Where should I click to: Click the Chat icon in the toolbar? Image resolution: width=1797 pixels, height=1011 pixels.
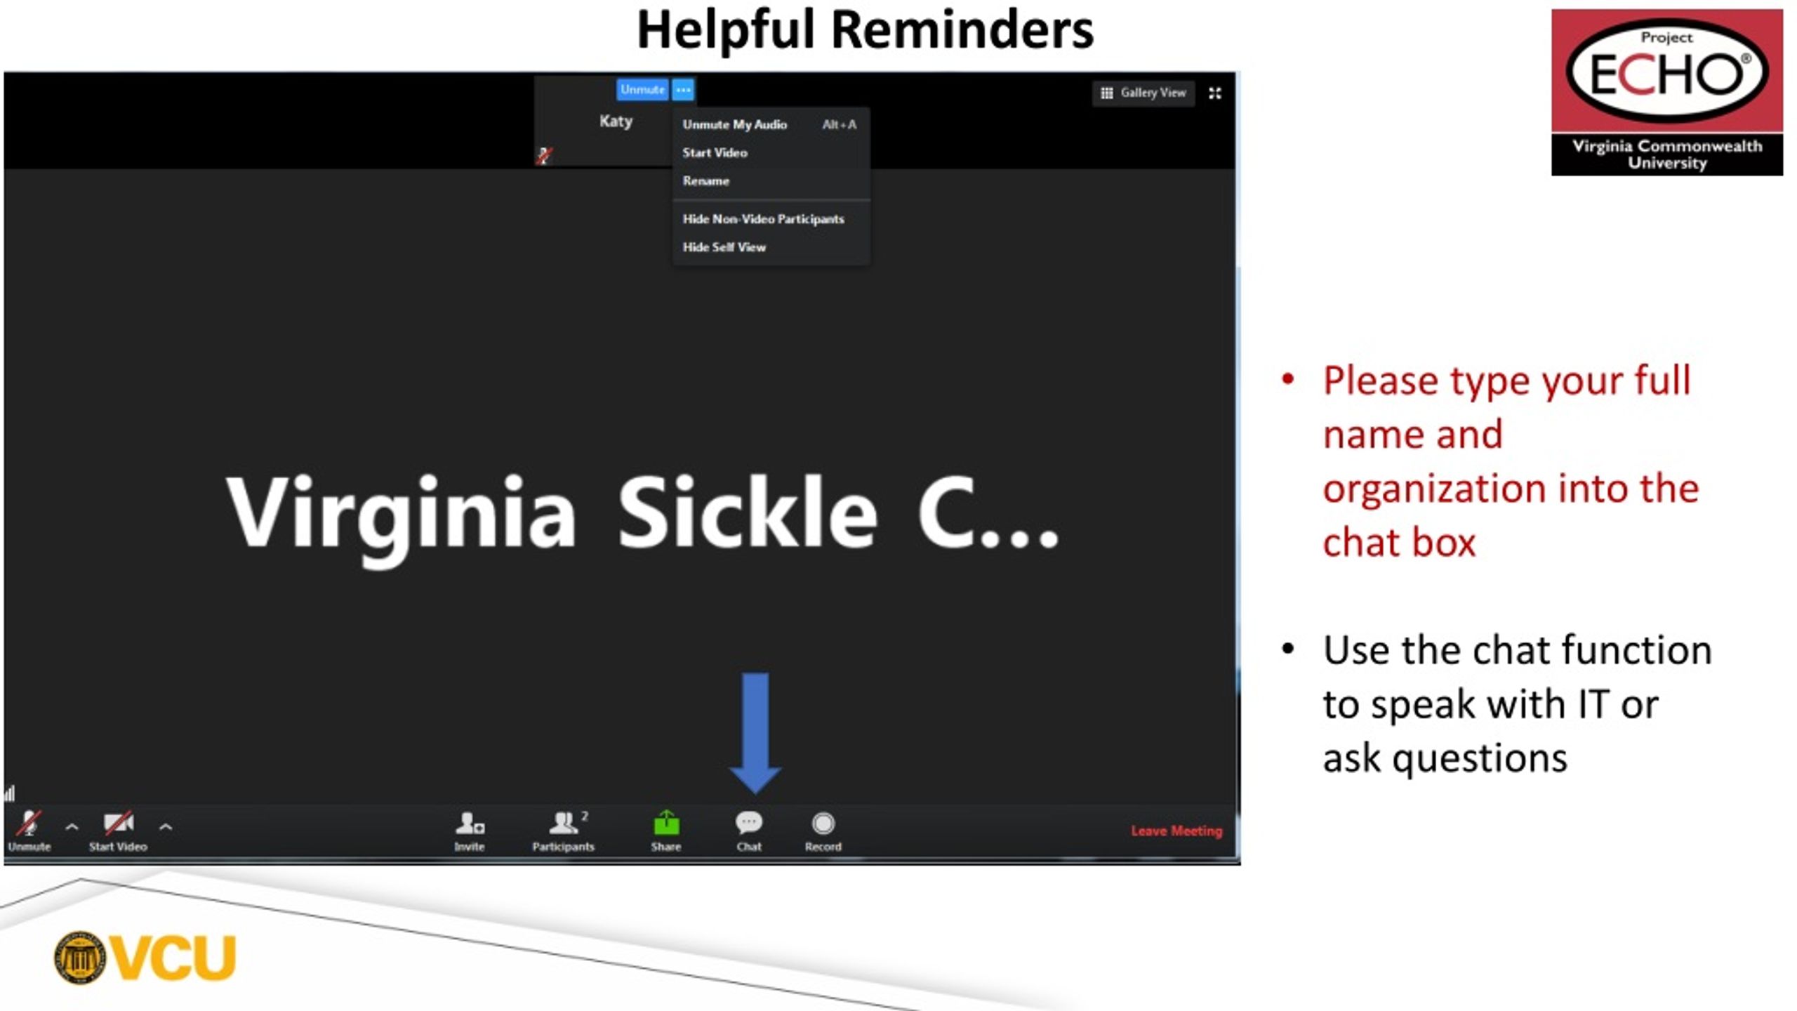(748, 822)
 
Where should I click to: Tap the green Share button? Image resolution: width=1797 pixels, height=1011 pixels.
(666, 823)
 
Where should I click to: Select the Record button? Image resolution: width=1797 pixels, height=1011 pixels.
(823, 823)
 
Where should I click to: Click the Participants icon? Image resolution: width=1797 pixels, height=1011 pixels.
(564, 822)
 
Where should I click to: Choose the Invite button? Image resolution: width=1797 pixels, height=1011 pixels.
(470, 822)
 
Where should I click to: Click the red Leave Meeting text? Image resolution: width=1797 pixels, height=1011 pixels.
(1176, 831)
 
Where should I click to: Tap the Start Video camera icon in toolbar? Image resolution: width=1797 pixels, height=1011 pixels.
(119, 822)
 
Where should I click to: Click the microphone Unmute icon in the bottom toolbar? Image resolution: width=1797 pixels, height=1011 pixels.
(29, 822)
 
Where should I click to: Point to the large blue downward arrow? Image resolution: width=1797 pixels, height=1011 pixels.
(755, 733)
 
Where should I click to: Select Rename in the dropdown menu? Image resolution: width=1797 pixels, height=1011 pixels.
(705, 180)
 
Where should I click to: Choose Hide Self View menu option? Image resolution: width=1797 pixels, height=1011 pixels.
(724, 247)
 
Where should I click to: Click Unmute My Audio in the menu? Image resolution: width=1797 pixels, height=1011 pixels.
(734, 124)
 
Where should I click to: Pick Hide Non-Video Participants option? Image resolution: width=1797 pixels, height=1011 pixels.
(763, 219)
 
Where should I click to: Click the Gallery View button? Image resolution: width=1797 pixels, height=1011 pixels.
(1143, 93)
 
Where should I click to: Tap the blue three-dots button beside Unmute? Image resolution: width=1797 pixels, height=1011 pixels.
(683, 90)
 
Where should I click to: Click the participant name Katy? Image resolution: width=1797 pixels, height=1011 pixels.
(616, 121)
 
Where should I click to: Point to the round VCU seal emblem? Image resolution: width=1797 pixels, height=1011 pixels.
(79, 958)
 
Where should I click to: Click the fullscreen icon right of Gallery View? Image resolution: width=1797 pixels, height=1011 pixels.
(1215, 93)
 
